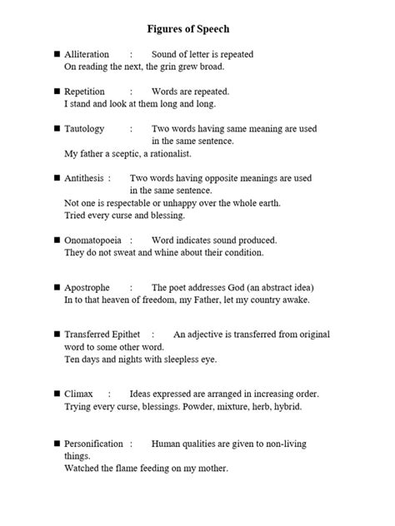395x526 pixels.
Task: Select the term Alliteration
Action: click(x=87, y=54)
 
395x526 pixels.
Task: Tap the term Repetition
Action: click(x=84, y=92)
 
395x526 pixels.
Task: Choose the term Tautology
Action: click(x=84, y=129)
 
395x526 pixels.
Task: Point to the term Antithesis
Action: click(x=84, y=178)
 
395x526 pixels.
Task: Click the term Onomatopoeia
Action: click(x=92, y=240)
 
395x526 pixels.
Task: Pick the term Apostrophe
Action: click(x=87, y=287)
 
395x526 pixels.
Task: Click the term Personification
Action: click(x=93, y=444)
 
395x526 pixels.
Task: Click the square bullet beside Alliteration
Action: click(x=56, y=54)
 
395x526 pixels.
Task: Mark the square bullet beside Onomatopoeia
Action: click(x=56, y=240)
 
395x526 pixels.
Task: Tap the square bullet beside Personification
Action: click(x=56, y=444)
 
